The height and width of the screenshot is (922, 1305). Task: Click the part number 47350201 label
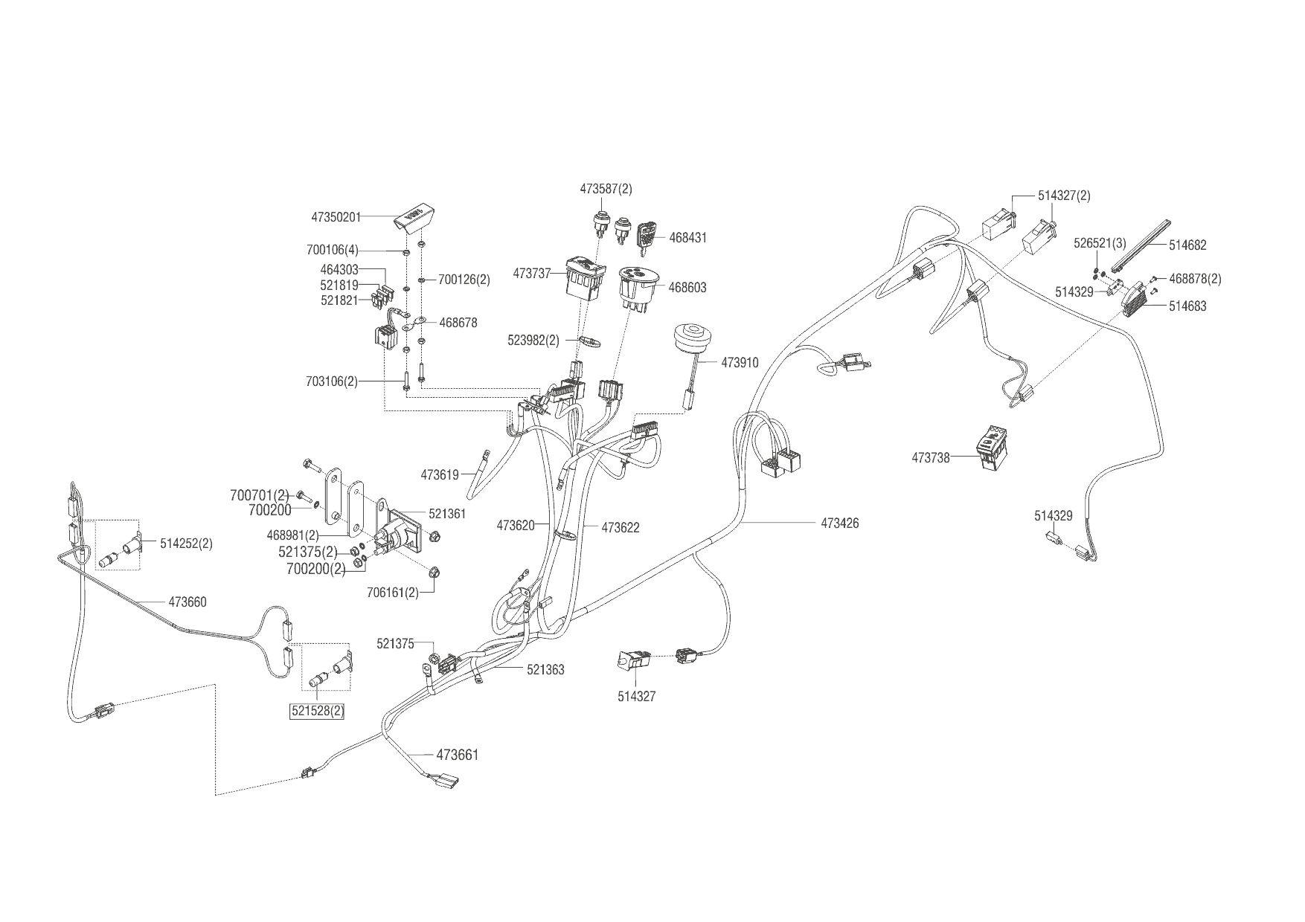(336, 217)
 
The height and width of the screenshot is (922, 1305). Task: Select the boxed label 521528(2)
(318, 711)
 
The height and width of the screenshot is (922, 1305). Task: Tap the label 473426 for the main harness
(840, 523)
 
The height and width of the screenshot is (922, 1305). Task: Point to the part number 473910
(740, 363)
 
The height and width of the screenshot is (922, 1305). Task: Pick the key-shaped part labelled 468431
(647, 236)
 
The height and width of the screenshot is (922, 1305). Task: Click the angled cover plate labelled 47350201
(415, 217)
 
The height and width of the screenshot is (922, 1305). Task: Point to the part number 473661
(457, 755)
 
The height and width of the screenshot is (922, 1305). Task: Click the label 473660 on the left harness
(187, 602)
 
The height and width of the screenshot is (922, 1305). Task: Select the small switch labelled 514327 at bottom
(633, 660)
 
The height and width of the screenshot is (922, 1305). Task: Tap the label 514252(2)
(186, 544)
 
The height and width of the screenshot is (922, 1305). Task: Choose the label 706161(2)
(392, 593)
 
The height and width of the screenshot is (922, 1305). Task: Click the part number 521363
(545, 670)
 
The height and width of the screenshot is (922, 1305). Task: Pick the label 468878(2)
(1195, 279)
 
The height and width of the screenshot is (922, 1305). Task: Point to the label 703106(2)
(331, 381)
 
